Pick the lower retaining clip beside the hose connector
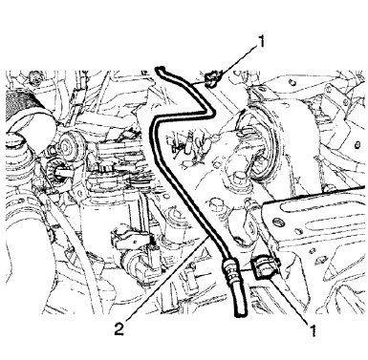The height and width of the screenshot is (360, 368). tap(262, 266)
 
